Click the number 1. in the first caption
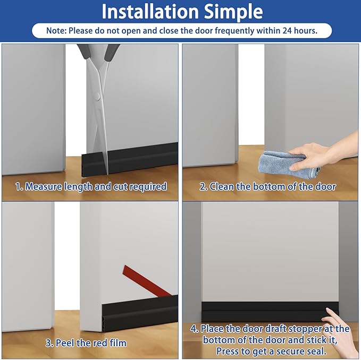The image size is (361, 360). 19,186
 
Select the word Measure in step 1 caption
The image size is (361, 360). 44,186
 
